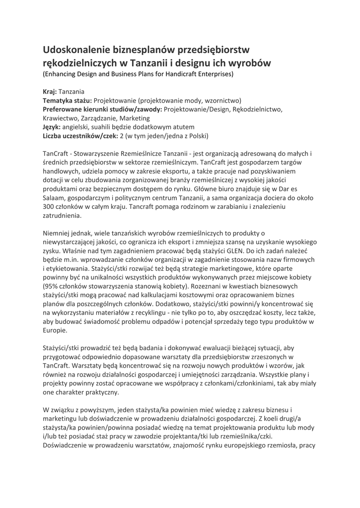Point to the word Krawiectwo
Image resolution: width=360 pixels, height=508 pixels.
(x=61, y=118)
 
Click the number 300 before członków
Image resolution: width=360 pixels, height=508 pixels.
(x=49, y=207)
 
